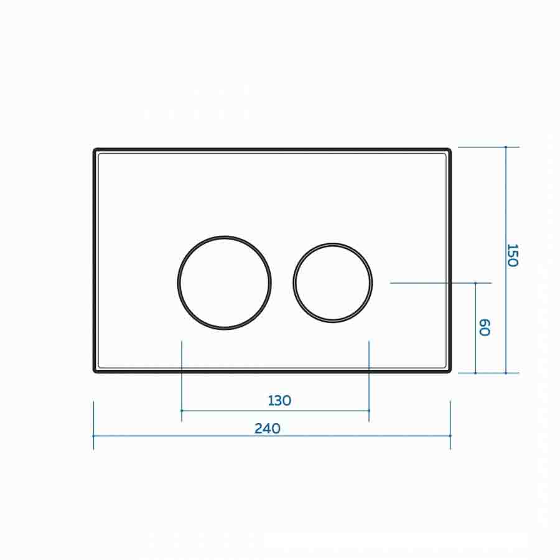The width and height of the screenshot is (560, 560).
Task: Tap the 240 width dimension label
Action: pos(267,428)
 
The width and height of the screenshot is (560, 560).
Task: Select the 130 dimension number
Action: pos(279,401)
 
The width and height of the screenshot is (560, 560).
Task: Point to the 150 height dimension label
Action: pos(513,255)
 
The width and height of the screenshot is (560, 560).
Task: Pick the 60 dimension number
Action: pos(484,327)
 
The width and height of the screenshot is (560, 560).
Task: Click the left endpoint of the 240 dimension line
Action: pos(93,436)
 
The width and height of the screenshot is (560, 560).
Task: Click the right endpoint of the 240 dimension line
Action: pos(450,436)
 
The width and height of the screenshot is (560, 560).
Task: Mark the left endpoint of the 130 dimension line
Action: pos(182,411)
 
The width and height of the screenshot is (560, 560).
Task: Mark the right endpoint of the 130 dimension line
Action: pos(369,411)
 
